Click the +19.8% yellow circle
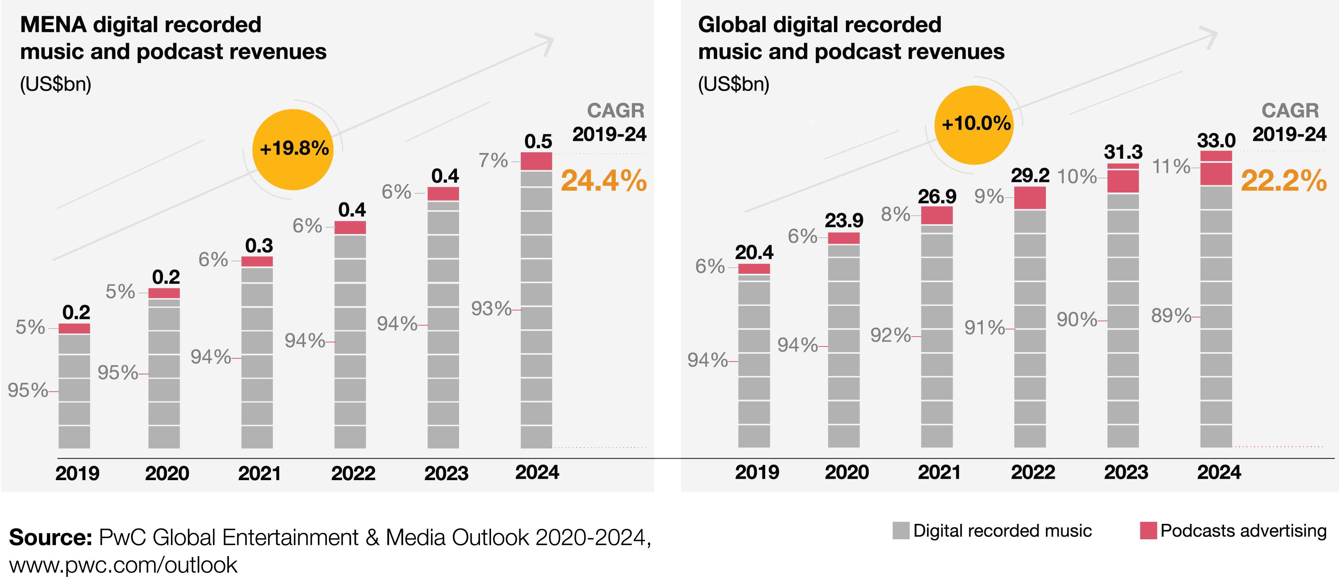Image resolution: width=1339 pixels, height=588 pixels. coord(293,149)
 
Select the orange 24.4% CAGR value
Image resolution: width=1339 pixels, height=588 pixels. coord(604,181)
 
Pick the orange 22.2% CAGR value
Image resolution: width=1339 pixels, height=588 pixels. coord(1283,181)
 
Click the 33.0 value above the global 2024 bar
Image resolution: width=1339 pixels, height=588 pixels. coord(1216,140)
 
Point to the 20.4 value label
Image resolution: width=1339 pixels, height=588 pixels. coord(754,252)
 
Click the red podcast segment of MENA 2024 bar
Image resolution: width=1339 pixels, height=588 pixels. coord(536,161)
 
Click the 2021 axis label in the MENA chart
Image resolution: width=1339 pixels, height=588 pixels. coord(259,473)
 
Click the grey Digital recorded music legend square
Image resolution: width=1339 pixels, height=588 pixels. coord(901,530)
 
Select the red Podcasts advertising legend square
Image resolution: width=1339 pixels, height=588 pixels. coord(1148,530)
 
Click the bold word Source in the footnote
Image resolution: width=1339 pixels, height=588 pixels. coord(50,537)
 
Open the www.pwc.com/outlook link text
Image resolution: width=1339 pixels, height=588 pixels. coord(123,565)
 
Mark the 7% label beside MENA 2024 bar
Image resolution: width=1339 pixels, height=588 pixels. coord(493,161)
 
